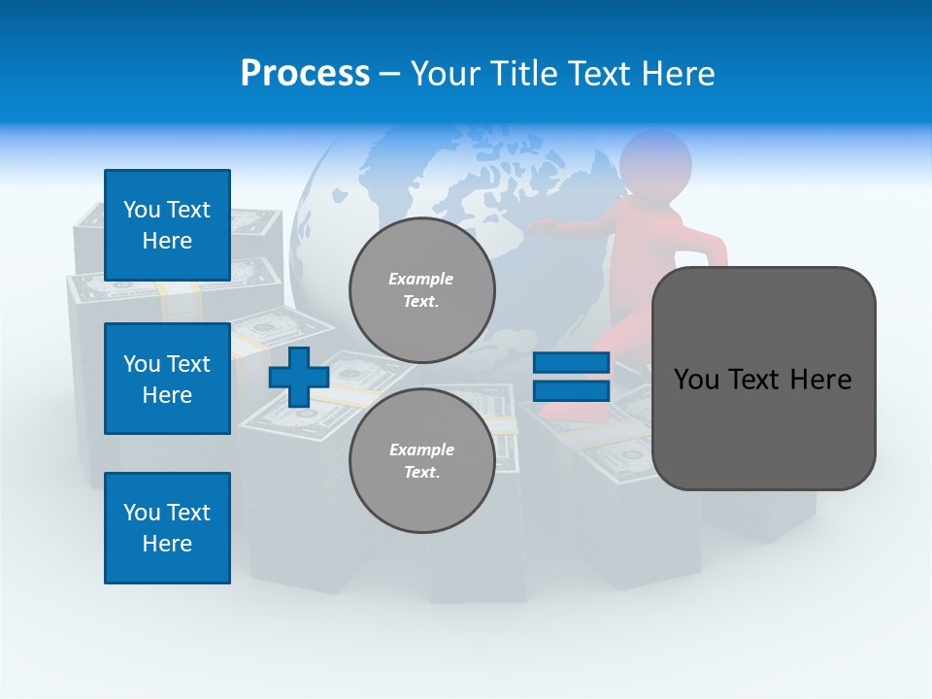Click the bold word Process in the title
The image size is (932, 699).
click(305, 74)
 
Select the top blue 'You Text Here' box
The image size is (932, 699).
click(167, 225)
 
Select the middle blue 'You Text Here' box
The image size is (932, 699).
click(167, 379)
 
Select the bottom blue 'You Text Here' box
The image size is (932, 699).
click(167, 528)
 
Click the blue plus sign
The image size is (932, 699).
click(299, 377)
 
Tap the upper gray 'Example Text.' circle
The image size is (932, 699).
click(421, 290)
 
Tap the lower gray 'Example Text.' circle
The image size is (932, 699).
click(421, 461)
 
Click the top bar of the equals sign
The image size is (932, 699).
click(571, 363)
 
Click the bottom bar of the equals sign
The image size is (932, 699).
click(571, 391)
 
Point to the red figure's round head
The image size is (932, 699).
click(655, 160)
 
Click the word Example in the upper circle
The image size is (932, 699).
click(421, 279)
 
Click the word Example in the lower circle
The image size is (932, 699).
click(421, 449)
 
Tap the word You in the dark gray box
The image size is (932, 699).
click(695, 380)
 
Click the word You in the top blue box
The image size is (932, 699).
click(142, 210)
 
